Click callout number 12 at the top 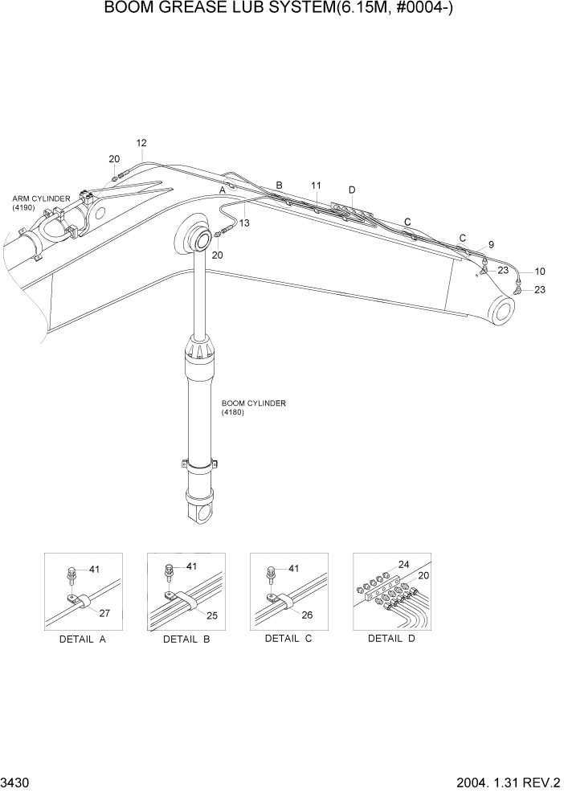[141, 144]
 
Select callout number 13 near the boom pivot [244, 223]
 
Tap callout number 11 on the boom [316, 186]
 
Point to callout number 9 [490, 244]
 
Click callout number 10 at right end [539, 271]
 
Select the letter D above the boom [351, 190]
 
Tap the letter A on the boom [223, 191]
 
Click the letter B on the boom [279, 185]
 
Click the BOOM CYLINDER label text [254, 407]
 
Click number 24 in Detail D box [403, 564]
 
